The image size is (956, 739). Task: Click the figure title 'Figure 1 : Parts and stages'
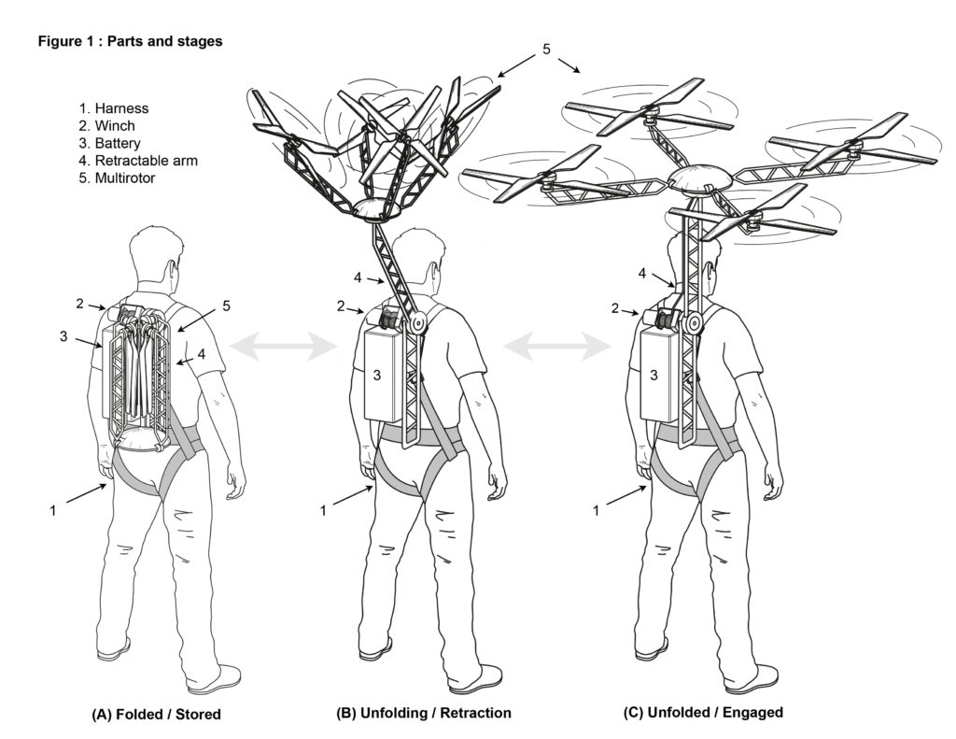130,43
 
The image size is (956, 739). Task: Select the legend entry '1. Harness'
114,108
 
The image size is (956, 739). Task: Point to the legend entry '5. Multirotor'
118,178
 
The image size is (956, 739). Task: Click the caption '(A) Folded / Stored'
156,715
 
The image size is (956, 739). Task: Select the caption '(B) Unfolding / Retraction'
424,713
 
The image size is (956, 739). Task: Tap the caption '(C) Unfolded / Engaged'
703,712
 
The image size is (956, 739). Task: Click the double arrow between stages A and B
283,348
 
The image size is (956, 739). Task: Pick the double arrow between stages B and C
558,348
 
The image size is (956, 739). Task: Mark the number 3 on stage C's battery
655,375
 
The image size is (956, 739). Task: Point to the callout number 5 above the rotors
547,49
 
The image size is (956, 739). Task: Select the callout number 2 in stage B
342,306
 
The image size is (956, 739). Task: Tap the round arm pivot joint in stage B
417,321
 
